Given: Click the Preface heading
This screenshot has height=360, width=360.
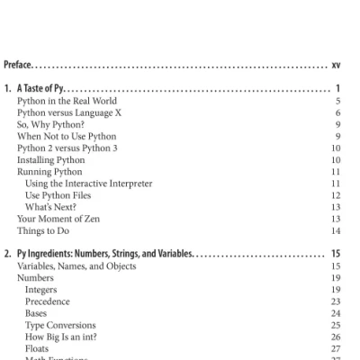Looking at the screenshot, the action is click(x=19, y=65).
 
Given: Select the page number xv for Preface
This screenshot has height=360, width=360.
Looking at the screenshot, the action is click(x=335, y=65).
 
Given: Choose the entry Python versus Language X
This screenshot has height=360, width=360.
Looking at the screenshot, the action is click(x=65, y=113).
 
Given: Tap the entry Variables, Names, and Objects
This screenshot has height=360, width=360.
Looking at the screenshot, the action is click(x=76, y=266).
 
